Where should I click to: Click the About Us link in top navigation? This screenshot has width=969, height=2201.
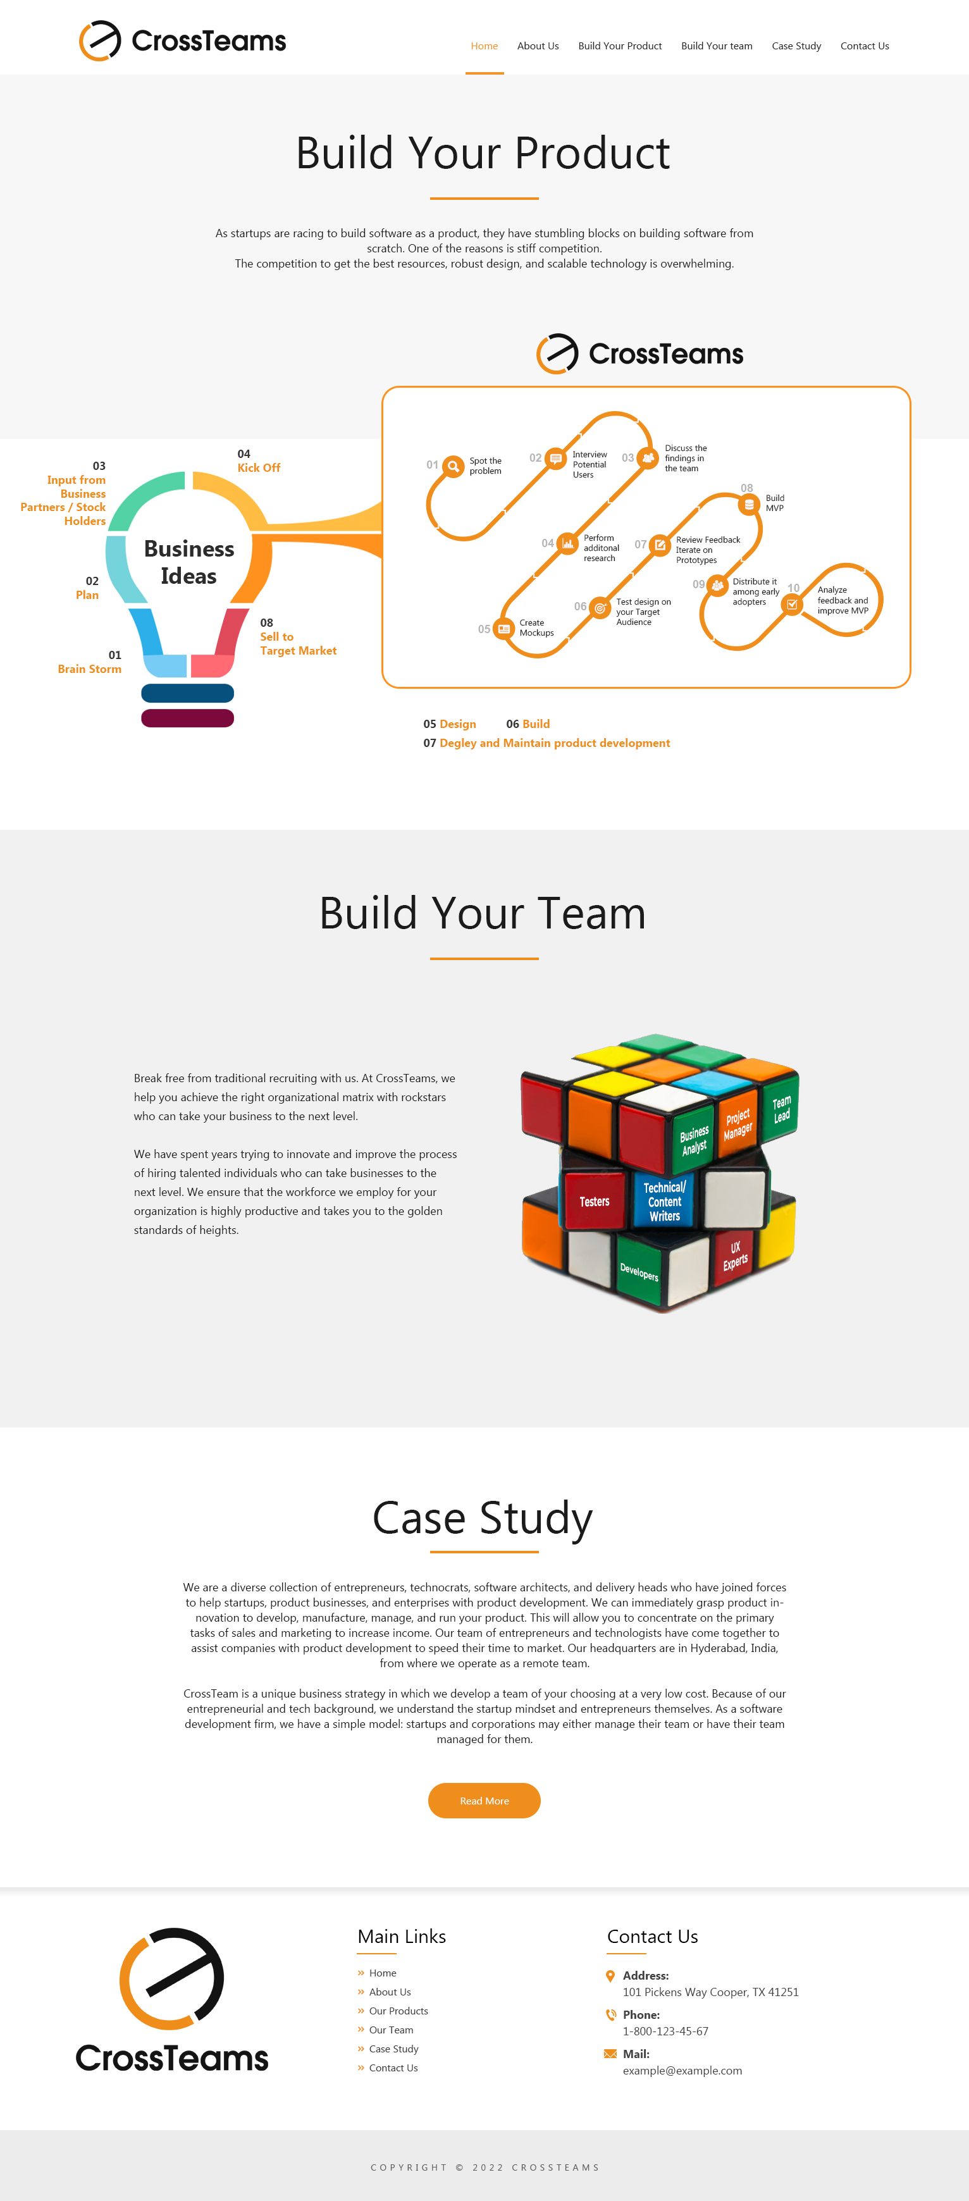pos(538,46)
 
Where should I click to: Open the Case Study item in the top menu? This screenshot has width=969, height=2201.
pos(796,46)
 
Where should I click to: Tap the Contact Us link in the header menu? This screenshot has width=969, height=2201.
pos(864,46)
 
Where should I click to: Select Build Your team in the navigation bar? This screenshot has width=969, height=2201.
pos(716,46)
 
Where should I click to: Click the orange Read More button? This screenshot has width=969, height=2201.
pos(484,1800)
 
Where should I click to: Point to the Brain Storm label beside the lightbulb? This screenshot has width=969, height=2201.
pos(89,669)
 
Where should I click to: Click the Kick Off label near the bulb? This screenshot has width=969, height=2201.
pos(258,467)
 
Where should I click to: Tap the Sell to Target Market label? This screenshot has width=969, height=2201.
pos(297,643)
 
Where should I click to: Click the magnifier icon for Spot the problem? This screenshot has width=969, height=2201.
pos(453,465)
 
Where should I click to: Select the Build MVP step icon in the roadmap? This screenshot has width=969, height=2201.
pos(748,504)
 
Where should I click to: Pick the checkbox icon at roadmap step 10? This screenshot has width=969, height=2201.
pos(792,604)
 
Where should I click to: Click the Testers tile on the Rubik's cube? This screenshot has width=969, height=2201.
pos(594,1201)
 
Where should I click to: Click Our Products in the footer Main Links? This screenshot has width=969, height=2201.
pos(398,2011)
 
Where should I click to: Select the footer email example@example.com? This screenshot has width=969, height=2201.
pos(682,2070)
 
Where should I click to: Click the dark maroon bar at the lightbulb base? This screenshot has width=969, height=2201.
pos(187,718)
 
